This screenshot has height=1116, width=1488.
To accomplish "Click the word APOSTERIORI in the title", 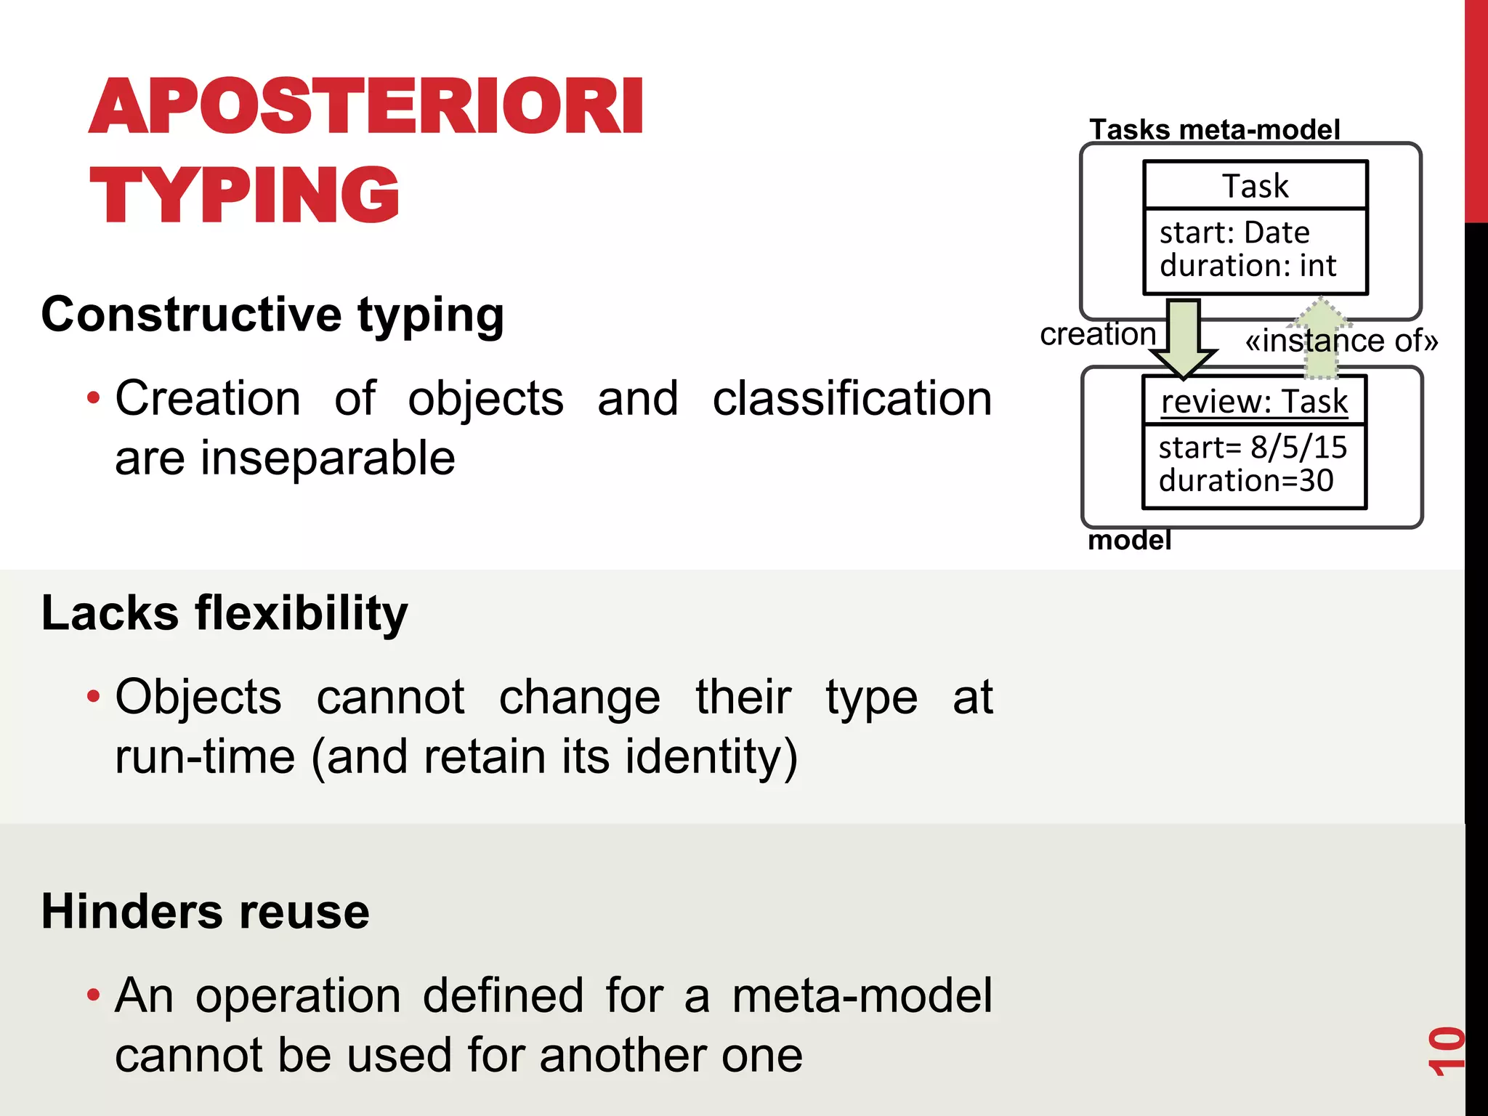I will click(365, 107).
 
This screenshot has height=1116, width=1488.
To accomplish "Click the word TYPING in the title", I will click(244, 195).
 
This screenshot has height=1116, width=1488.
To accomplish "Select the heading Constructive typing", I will click(272, 315).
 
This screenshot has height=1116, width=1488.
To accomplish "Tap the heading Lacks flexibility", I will click(225, 612).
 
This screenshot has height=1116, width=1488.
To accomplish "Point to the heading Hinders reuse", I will click(205, 911).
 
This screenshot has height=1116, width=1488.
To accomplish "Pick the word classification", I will click(852, 399).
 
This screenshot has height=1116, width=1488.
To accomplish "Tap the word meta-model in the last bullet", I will click(862, 995).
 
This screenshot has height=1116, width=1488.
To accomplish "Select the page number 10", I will click(1446, 1051).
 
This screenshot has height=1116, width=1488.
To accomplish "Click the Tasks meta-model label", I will click(1214, 130).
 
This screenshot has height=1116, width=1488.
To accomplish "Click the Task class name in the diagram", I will click(1255, 186).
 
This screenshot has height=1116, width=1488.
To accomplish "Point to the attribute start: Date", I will click(1234, 232).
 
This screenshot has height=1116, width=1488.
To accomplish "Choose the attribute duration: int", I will click(1248, 265).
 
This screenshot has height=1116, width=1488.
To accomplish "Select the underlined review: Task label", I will click(1254, 401).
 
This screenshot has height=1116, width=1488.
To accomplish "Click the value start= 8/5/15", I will click(1252, 447).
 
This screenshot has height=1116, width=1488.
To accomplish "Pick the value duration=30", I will click(1245, 480).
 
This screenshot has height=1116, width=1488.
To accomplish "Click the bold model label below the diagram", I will click(1129, 541).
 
